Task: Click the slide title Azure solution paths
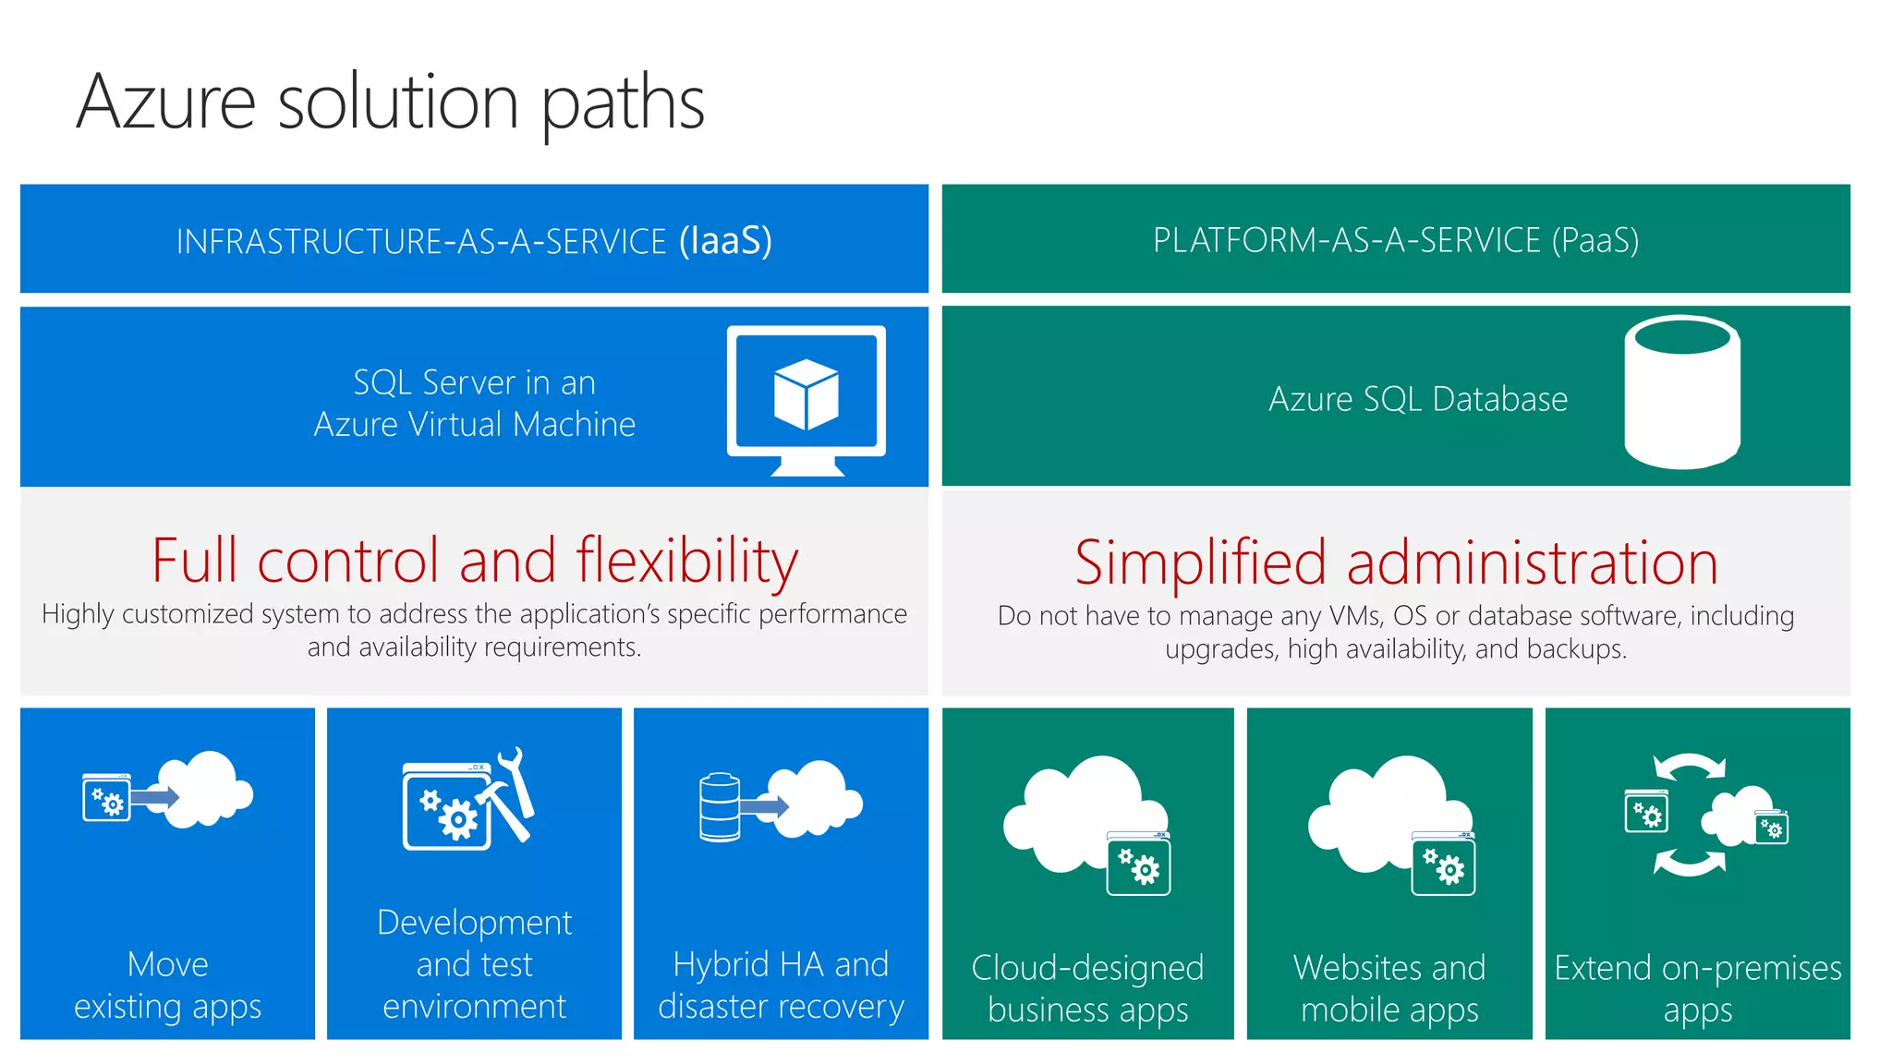tap(390, 103)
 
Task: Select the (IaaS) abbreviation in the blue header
tap(725, 240)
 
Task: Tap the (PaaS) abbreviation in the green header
tap(1595, 240)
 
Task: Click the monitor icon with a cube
tap(807, 397)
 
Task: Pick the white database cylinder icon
tap(1681, 393)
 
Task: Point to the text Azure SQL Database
tap(1417, 399)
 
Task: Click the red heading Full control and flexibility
tap(474, 561)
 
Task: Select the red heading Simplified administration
tap(1395, 562)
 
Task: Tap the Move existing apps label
tap(167, 985)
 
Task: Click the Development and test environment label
tap(474, 963)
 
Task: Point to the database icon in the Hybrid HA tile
tap(720, 806)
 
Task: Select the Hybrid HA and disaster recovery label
tap(781, 985)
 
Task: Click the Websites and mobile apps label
tap(1389, 988)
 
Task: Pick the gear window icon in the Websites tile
tap(1443, 864)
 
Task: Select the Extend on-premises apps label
tap(1697, 988)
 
